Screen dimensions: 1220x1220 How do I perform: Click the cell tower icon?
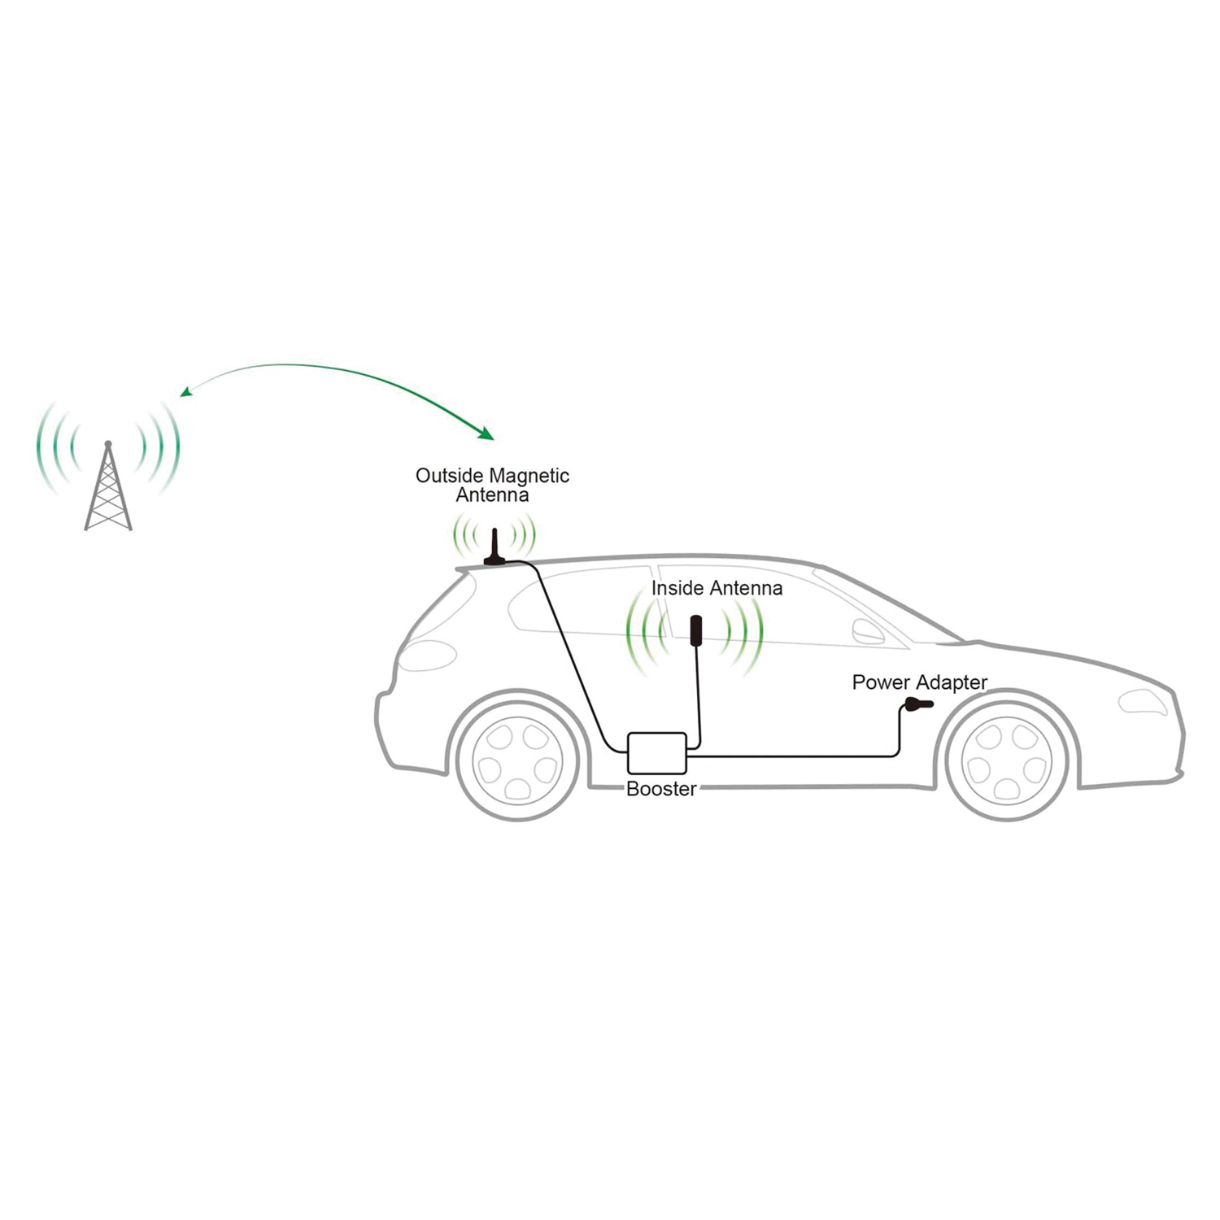pyautogui.click(x=108, y=486)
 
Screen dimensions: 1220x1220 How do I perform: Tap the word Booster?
pyautogui.click(x=661, y=789)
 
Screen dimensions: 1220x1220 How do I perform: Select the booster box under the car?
pyautogui.click(x=657, y=753)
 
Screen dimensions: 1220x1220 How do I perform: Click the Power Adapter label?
pyautogui.click(x=919, y=682)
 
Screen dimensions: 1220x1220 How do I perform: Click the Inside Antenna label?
pyautogui.click(x=717, y=588)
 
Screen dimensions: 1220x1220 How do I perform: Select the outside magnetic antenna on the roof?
pyautogui.click(x=495, y=547)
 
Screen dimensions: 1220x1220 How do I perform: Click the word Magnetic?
pyautogui.click(x=529, y=476)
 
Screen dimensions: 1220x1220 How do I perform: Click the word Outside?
pyautogui.click(x=450, y=476)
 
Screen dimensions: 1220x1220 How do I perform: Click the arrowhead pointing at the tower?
pyautogui.click(x=185, y=393)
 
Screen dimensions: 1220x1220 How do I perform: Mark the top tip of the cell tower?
pyautogui.click(x=108, y=442)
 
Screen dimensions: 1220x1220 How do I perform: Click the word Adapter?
pyautogui.click(x=954, y=682)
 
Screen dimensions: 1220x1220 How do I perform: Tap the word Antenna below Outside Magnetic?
pyautogui.click(x=492, y=495)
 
